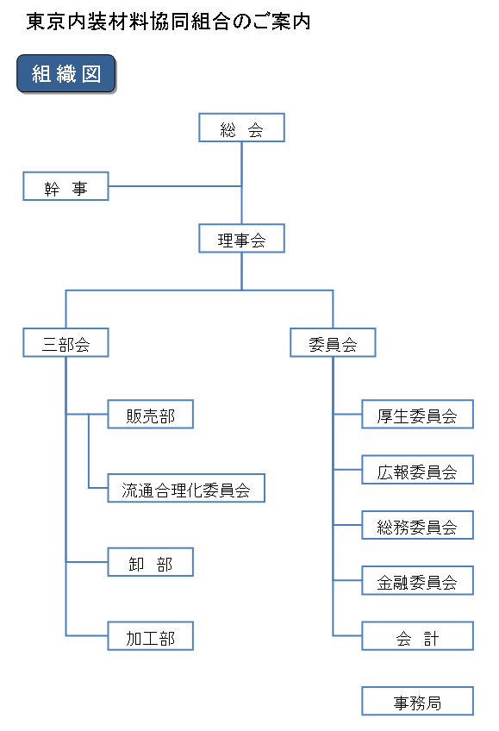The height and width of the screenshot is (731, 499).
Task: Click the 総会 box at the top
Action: pos(241,128)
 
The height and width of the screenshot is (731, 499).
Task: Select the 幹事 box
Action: pos(65,186)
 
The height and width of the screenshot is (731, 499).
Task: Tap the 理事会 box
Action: pos(241,238)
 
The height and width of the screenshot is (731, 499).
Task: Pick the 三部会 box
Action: pos(65,342)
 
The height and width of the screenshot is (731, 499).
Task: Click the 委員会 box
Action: pos(333,342)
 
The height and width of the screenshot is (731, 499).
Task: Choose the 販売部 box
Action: pos(151,414)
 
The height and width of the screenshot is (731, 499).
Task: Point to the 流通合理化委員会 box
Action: pos(186,488)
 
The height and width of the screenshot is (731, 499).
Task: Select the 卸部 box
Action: pos(151,562)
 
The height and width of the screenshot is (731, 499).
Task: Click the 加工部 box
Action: pos(151,635)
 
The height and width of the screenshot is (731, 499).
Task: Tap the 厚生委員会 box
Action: pos(417,414)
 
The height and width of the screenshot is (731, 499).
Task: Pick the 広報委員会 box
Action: pos(417,470)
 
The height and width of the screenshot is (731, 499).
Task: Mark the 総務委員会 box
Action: pos(417,525)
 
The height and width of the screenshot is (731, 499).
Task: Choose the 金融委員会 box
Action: pos(417,580)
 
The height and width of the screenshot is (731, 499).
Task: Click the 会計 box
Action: pos(417,635)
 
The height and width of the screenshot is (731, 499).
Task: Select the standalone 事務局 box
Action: pos(417,701)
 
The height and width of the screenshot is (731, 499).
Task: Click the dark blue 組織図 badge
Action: pos(66,73)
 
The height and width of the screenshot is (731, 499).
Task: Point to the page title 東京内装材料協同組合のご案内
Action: pos(168,22)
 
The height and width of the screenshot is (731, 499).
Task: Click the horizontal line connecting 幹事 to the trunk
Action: pos(175,186)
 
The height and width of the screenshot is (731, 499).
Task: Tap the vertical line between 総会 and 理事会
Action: pos(241,183)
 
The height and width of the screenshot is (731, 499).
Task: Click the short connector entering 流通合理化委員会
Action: pos(98,488)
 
